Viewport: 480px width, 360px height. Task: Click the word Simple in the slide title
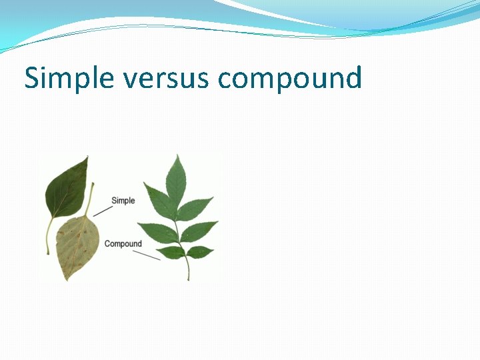(x=69, y=79)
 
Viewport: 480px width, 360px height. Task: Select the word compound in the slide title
(x=290, y=79)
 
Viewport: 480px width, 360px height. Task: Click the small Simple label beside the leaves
(x=123, y=201)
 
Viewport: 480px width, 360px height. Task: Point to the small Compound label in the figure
(x=123, y=244)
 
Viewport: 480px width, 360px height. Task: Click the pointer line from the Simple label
(x=102, y=211)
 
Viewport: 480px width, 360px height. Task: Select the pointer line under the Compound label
(x=147, y=255)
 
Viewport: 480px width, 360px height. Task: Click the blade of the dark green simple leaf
(x=66, y=189)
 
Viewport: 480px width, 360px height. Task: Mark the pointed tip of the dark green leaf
(x=87, y=157)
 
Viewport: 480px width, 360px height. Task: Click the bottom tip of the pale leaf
(x=66, y=279)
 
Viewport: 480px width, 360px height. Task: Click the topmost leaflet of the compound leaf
(x=177, y=177)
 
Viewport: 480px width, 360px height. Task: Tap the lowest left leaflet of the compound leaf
(x=170, y=253)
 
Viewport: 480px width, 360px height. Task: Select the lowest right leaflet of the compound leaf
(x=199, y=251)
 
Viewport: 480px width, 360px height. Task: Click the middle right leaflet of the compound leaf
(x=199, y=231)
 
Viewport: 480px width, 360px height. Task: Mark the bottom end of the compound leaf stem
(x=189, y=279)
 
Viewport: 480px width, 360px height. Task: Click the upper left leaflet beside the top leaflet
(x=159, y=201)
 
